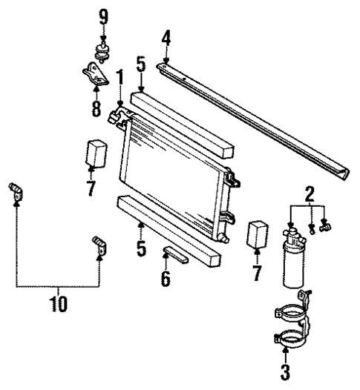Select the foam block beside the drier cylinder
click(x=257, y=233)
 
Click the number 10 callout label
click(x=58, y=304)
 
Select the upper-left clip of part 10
click(x=16, y=192)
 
